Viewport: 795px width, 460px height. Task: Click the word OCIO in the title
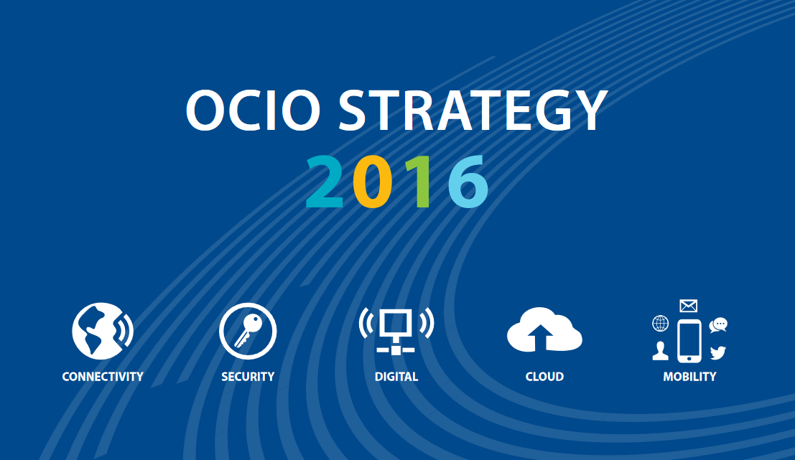pos(253,110)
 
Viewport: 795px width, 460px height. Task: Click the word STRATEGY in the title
pos(473,110)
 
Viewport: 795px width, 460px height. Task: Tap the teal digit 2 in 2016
pos(325,182)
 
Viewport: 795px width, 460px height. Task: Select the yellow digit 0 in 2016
pos(372,182)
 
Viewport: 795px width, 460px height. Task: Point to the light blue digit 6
pos(468,182)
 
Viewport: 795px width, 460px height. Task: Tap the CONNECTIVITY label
pos(103,377)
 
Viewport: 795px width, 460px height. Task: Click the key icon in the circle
pos(248,331)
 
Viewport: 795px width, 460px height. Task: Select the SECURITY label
pos(248,377)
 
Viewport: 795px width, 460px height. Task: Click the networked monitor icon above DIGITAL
pos(396,331)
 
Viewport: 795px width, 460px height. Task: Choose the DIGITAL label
pos(396,377)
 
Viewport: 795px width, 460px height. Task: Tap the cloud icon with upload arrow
pos(544,329)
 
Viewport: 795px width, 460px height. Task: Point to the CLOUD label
pos(544,377)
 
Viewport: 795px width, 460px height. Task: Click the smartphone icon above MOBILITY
pos(689,341)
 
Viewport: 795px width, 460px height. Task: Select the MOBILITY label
pos(689,377)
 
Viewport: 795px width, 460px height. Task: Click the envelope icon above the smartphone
pos(689,306)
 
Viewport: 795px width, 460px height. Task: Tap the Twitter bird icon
pos(718,352)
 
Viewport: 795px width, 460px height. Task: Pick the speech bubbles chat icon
pos(718,325)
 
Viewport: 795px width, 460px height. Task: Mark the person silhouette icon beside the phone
pos(660,351)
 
